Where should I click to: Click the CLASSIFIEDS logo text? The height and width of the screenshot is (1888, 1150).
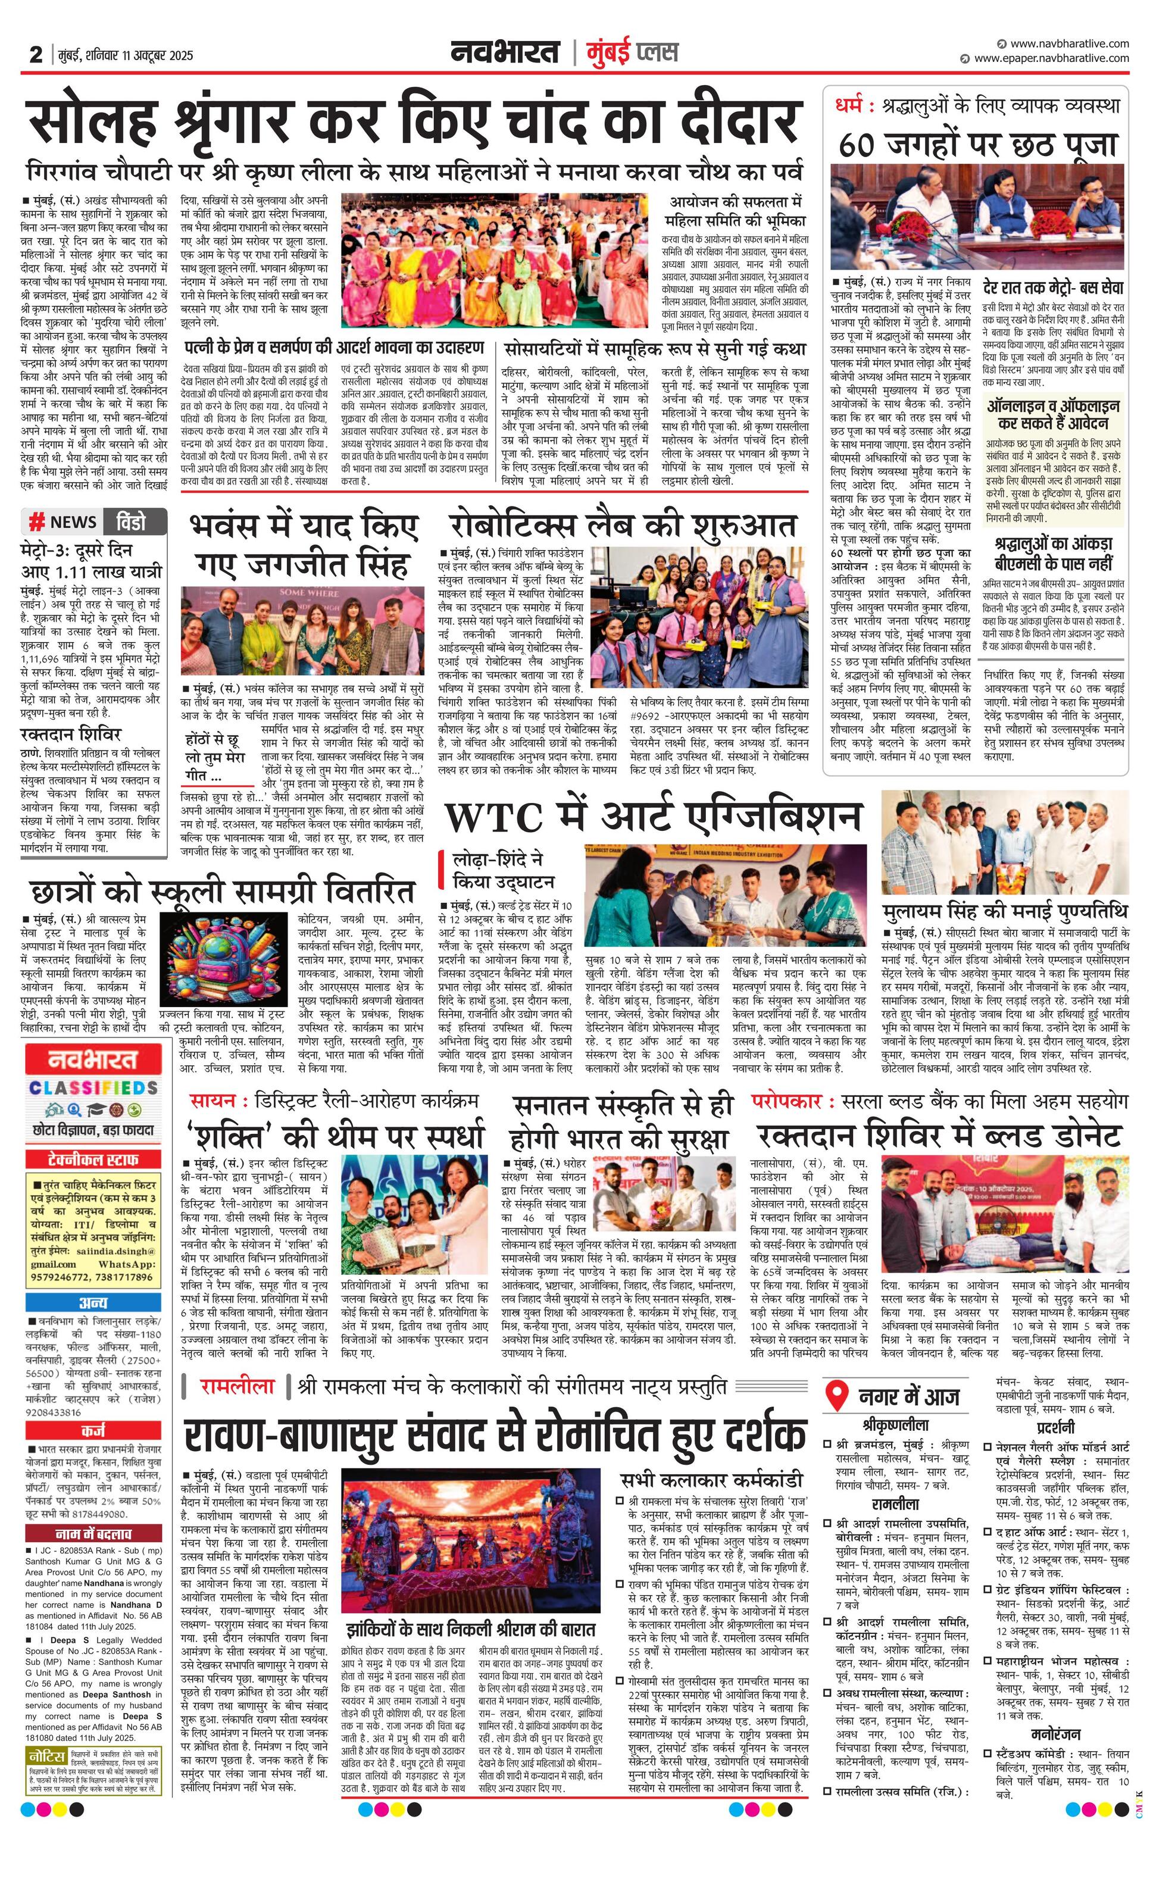(x=93, y=1088)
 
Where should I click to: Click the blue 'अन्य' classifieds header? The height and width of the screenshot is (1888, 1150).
(x=93, y=1302)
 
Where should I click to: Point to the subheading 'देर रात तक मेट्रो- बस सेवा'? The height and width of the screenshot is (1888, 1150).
(x=1054, y=287)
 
